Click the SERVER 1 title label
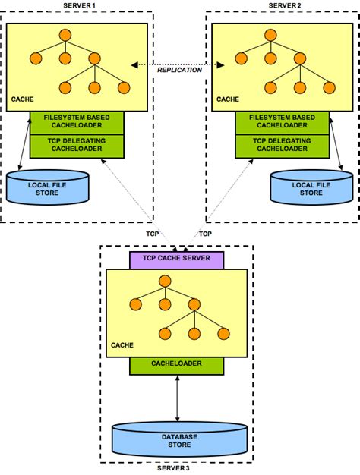tap(77, 5)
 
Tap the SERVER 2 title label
tap(283, 5)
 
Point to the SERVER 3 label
tap(173, 468)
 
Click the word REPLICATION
tap(179, 70)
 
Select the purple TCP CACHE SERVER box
tap(177, 260)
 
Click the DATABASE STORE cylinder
tap(179, 439)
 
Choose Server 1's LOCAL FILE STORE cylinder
tap(47, 187)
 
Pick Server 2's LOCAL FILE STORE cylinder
tap(311, 187)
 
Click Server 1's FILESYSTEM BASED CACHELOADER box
tap(77, 123)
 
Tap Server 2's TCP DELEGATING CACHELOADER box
tap(283, 146)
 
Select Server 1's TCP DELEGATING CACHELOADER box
tap(77, 146)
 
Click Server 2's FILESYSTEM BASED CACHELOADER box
tap(283, 123)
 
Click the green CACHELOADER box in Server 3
tap(177, 366)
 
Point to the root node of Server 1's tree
tap(65, 35)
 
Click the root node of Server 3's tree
tap(165, 281)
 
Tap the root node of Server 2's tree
tap(270, 35)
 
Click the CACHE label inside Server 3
tap(122, 345)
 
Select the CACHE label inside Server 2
tap(228, 99)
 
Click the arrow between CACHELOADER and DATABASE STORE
tap(178, 398)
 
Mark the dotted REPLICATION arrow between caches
tap(178, 64)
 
